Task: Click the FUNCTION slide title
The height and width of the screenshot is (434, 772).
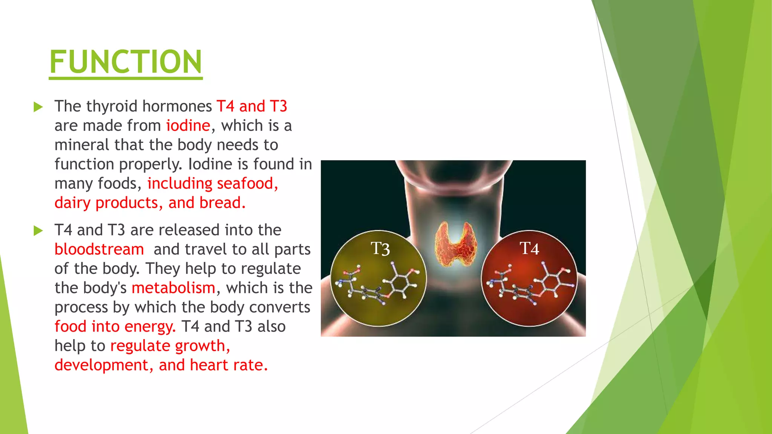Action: click(x=126, y=62)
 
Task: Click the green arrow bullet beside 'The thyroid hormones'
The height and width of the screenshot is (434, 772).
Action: click(x=38, y=107)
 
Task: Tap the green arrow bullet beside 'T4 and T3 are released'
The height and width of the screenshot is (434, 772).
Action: click(x=38, y=231)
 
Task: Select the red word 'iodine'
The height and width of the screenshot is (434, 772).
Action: click(x=188, y=125)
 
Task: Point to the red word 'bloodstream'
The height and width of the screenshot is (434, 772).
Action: click(x=99, y=249)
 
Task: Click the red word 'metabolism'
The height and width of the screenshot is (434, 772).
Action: click(x=173, y=288)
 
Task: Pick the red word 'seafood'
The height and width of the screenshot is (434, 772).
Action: click(x=245, y=183)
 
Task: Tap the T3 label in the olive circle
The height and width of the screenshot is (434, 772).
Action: click(x=380, y=249)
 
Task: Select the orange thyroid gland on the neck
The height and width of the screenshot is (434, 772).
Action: click(x=455, y=244)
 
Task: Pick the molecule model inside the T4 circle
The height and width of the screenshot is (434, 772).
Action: click(x=529, y=284)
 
